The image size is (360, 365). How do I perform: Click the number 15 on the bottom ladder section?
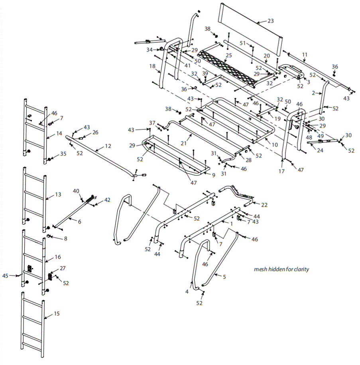56,314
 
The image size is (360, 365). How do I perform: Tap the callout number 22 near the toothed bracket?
264,205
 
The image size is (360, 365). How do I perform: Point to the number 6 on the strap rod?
79,221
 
